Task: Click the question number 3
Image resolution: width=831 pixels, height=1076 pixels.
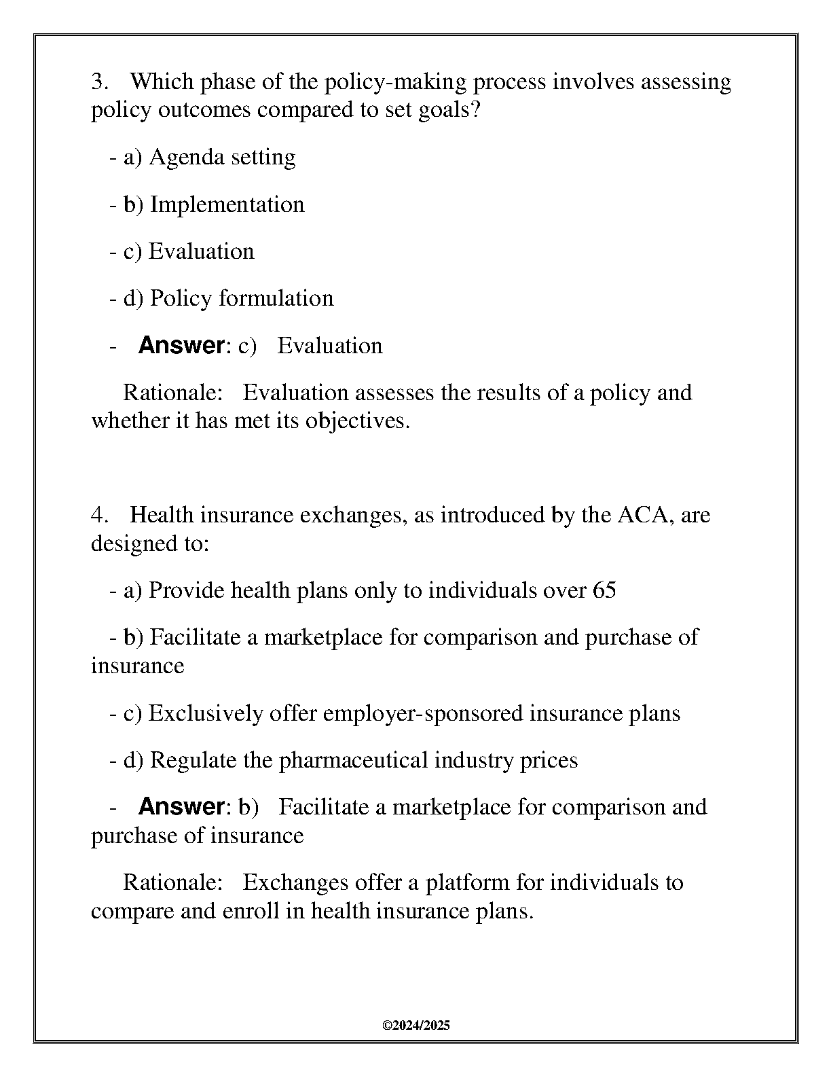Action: (99, 82)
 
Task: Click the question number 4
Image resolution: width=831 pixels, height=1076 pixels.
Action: (99, 516)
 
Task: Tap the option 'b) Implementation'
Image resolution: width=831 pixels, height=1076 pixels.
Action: (214, 204)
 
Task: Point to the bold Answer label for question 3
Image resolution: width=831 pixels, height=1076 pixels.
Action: (181, 346)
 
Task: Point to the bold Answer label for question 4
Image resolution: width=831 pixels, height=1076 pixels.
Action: (181, 807)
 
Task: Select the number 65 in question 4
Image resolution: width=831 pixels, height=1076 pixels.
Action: (604, 590)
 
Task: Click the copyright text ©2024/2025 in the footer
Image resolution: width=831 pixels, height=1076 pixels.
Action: (415, 1026)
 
